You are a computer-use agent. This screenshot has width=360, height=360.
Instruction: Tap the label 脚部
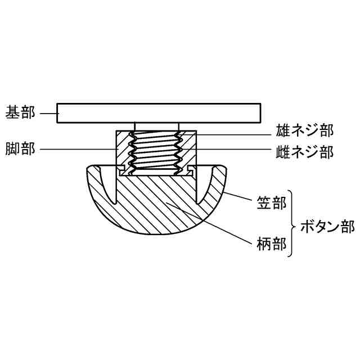point(20,149)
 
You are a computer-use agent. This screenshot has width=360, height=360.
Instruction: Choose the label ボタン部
point(327,227)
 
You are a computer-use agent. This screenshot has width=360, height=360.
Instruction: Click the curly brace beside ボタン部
point(292,224)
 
